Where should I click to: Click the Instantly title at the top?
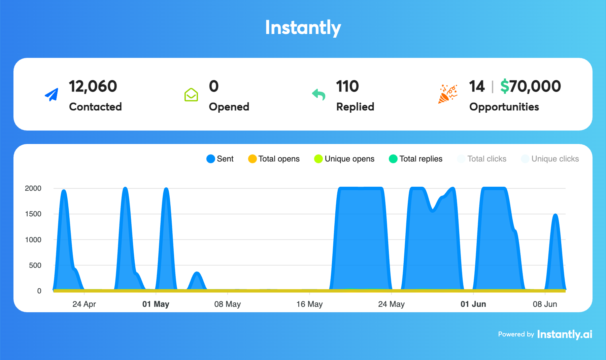tap(303, 28)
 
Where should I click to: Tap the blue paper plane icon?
tap(52, 95)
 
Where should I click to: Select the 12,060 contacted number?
tap(93, 86)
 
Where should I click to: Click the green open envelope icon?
tap(191, 95)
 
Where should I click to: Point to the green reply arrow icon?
tap(319, 95)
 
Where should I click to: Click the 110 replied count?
tap(347, 86)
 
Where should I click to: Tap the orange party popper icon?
tap(447, 94)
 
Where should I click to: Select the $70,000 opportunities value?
tap(531, 86)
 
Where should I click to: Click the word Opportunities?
tap(504, 107)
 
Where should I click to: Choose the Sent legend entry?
tap(220, 159)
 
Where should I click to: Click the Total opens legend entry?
tap(274, 159)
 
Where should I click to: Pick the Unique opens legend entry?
tap(344, 159)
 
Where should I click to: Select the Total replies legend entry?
tap(415, 159)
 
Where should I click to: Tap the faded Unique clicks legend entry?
tap(550, 159)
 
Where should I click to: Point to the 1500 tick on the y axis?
tap(33, 214)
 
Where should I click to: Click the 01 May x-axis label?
tap(156, 304)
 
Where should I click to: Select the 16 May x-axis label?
tap(309, 304)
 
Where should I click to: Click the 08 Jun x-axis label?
tap(545, 304)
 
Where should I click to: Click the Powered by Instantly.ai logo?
tap(545, 334)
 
